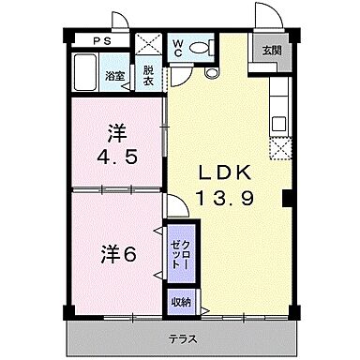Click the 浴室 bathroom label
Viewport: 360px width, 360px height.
point(114,76)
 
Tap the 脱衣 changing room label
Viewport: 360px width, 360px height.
point(148,74)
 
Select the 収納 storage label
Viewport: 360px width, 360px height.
point(182,302)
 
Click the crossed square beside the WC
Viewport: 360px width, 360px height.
point(148,45)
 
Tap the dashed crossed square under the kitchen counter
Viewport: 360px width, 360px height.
point(277,148)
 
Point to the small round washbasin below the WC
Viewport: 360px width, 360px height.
point(211,72)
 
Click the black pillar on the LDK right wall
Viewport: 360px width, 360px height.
point(287,199)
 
